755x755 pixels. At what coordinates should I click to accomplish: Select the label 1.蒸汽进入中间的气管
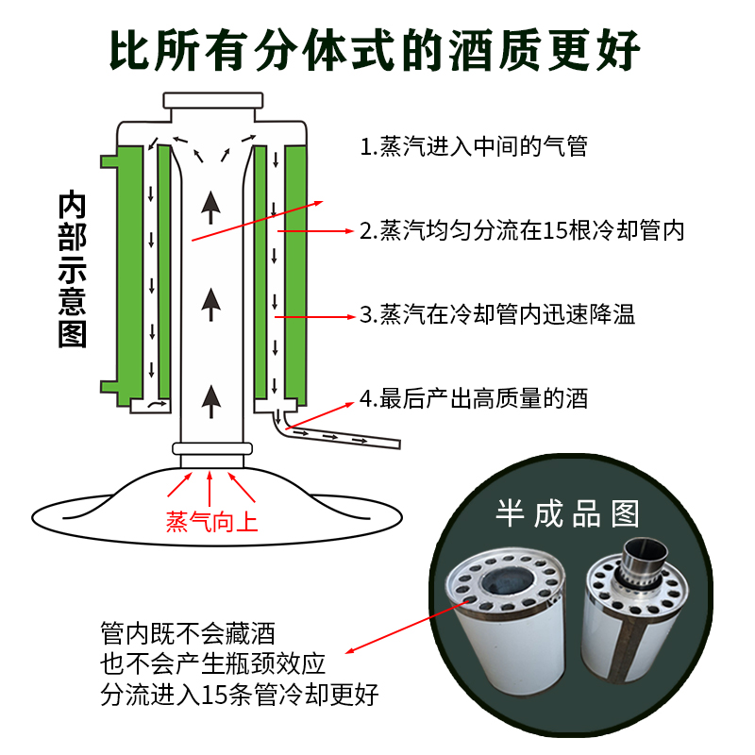tap(473, 146)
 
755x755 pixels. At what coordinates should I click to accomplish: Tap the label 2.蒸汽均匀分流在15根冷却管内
tap(521, 229)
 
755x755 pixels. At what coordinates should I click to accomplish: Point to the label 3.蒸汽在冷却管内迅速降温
tap(497, 314)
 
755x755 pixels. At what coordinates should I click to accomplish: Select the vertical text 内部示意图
tap(73, 269)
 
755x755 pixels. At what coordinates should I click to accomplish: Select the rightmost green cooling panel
tap(299, 269)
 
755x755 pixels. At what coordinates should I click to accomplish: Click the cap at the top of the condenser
tap(211, 101)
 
